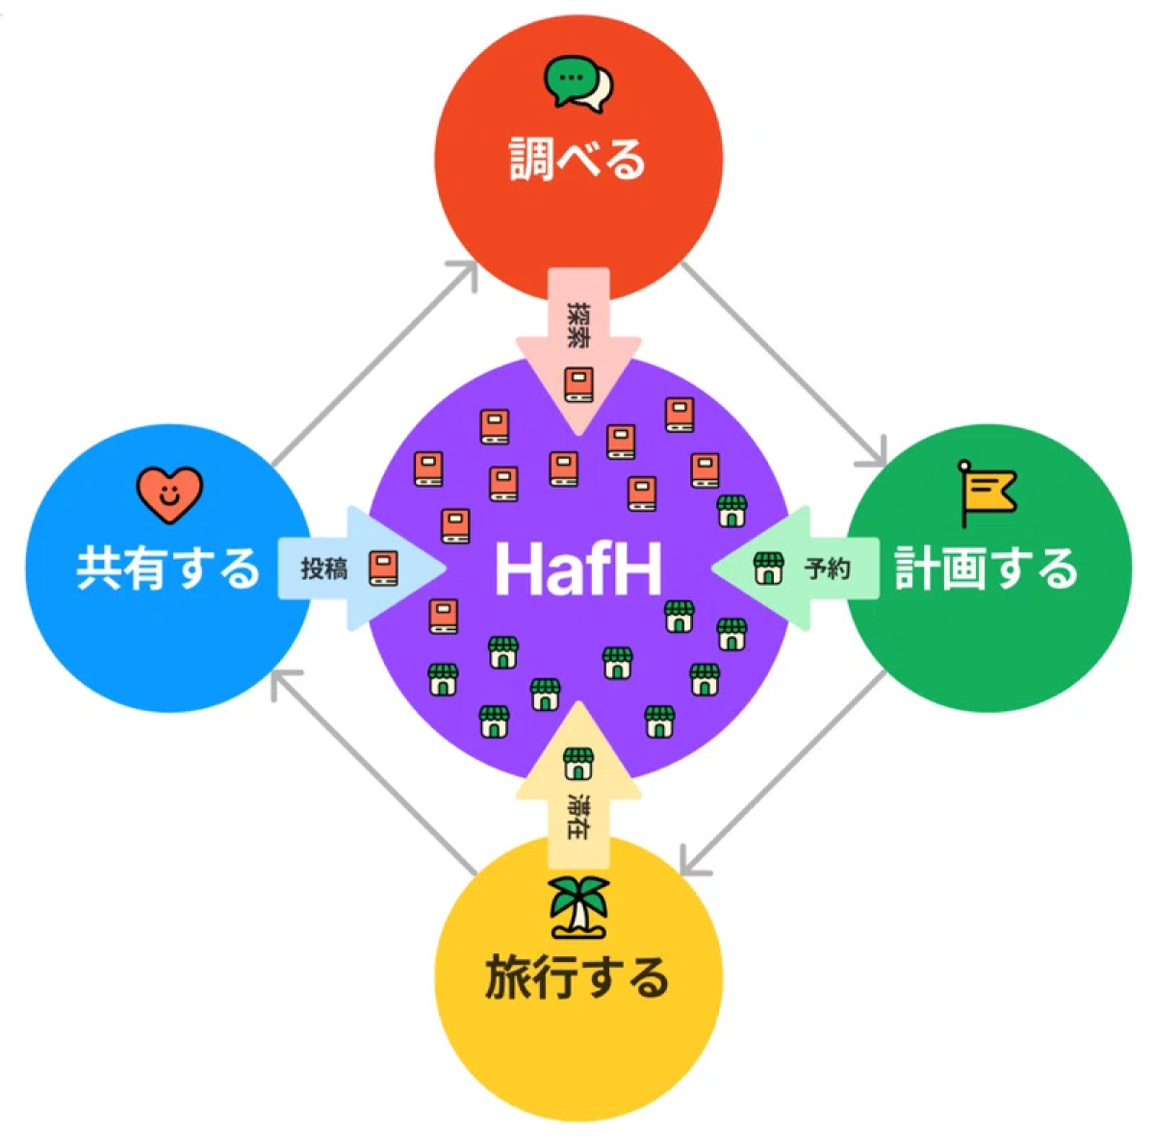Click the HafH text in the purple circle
(x=577, y=569)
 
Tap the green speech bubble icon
(x=577, y=84)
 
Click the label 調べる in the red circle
(x=577, y=159)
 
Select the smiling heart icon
(x=169, y=494)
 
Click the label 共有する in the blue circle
(x=168, y=568)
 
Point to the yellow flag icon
(x=986, y=492)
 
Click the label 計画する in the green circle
(x=986, y=568)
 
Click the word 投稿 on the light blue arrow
(x=323, y=569)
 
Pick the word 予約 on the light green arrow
(x=827, y=569)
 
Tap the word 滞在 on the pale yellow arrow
(x=578, y=817)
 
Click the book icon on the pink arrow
(x=578, y=384)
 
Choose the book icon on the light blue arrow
(x=383, y=568)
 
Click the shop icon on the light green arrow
(x=767, y=569)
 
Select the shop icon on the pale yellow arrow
(x=577, y=763)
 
